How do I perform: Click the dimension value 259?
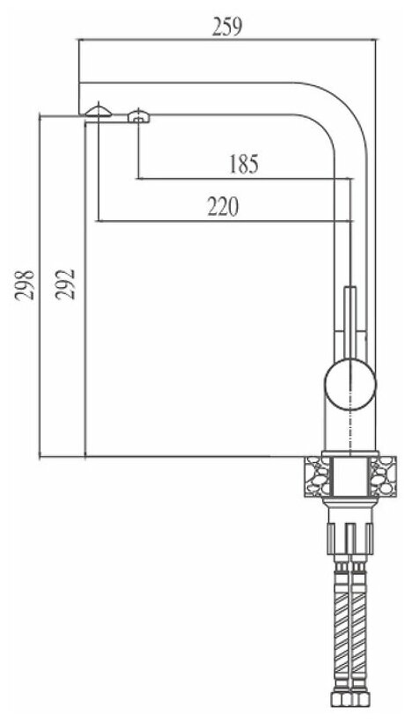226,27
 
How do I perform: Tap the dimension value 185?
244,165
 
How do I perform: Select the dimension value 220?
223,207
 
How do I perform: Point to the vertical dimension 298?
25,285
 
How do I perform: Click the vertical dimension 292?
65,284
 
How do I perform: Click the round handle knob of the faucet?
350,384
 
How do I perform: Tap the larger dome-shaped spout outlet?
98,111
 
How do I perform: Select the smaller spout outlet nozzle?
138,116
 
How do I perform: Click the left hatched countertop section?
318,476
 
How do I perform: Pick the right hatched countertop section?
383,476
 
